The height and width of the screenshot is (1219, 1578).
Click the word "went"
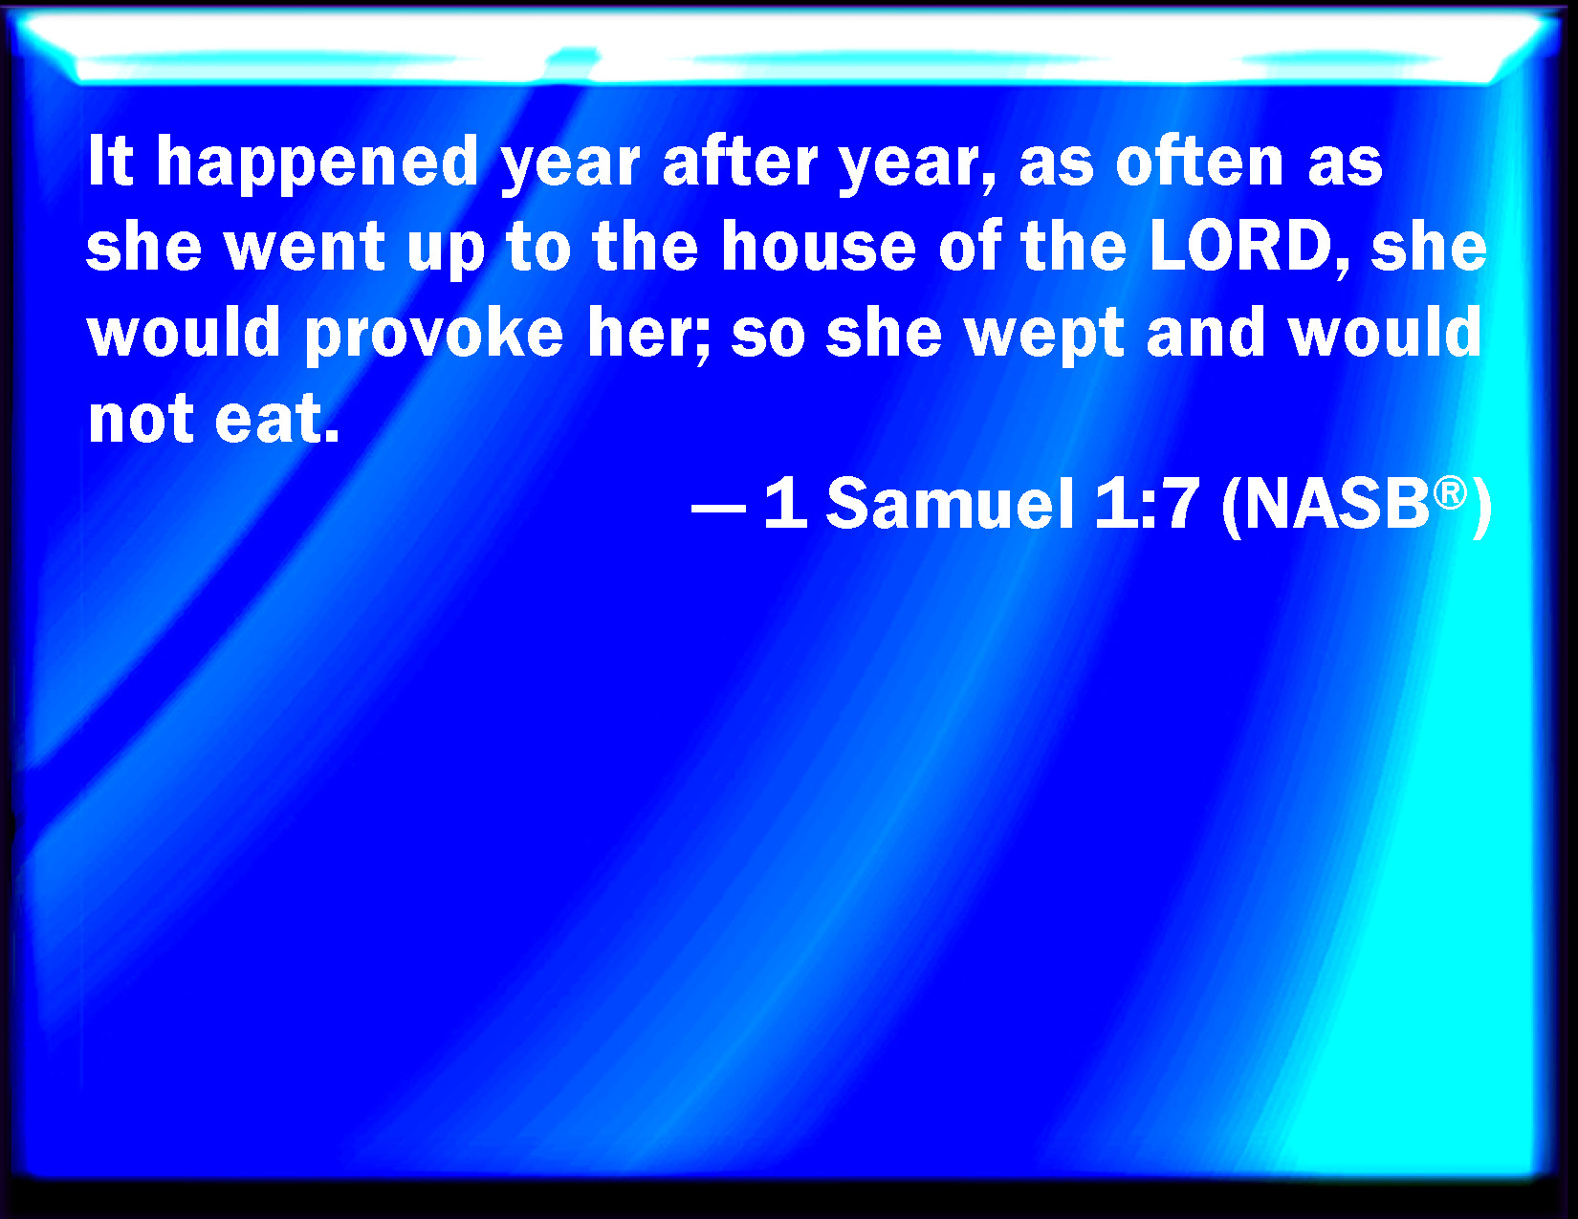[x=305, y=247]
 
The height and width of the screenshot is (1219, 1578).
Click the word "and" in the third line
[x=1205, y=332]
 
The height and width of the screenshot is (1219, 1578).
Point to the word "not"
[x=141, y=419]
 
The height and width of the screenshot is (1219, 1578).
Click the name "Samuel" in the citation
[x=951, y=503]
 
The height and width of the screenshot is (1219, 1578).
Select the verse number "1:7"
[x=1147, y=503]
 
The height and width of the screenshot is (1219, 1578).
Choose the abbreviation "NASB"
[x=1335, y=503]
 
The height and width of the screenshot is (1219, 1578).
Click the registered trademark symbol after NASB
[x=1450, y=493]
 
